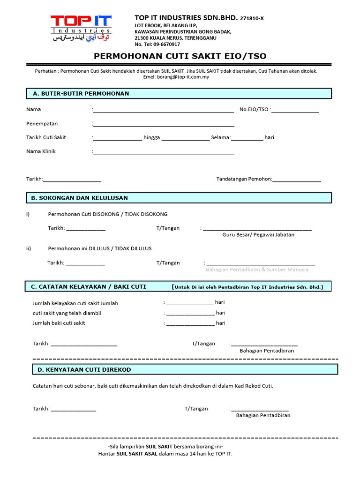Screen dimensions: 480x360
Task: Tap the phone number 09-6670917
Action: click(165, 44)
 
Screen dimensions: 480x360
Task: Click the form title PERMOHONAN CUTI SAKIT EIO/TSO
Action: click(180, 56)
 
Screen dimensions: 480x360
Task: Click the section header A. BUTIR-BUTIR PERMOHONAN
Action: click(81, 94)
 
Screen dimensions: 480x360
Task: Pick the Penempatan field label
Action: click(42, 124)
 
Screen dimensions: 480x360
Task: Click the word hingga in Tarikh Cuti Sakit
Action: click(152, 137)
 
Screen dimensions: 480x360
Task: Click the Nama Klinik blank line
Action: click(164, 153)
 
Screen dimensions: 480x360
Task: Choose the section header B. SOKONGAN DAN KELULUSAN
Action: click(80, 198)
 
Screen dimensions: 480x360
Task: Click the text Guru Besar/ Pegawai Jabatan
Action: click(258, 235)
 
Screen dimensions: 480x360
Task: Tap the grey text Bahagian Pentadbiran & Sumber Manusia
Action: click(257, 270)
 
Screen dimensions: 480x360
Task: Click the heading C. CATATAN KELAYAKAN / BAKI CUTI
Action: click(89, 286)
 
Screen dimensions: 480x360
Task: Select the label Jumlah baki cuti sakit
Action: click(59, 323)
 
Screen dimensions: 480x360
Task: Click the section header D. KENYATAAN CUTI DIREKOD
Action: click(84, 369)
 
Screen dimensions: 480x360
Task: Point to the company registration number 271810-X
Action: click(252, 19)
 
